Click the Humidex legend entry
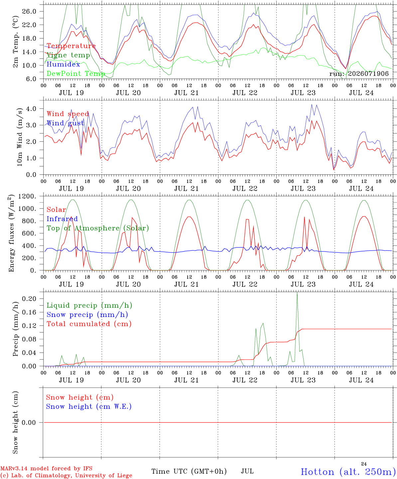tap(63, 64)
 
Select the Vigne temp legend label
tap(68, 55)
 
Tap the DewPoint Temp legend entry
tap(76, 74)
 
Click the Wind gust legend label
tap(66, 123)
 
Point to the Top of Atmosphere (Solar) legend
tap(98, 228)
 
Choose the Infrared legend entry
tap(62, 219)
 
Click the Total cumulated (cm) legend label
tap(89, 324)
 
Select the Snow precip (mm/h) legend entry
tap(87, 315)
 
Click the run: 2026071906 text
tap(359, 74)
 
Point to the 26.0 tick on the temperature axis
tap(29, 11)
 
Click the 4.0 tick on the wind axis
tap(31, 108)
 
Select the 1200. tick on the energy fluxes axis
tap(27, 196)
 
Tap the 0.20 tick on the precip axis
tap(29, 299)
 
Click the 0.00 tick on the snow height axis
tap(29, 422)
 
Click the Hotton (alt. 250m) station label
tap(348, 472)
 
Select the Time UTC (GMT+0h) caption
tap(189, 471)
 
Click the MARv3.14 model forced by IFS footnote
tap(46, 468)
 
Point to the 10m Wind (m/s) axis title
tap(20, 137)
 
